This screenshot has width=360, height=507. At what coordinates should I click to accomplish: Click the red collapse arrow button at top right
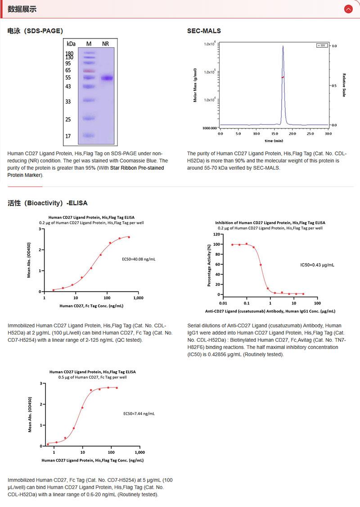coord(348,9)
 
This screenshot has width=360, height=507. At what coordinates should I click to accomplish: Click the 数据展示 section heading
coord(22,9)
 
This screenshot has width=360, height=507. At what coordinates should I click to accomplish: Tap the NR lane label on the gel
coord(105,44)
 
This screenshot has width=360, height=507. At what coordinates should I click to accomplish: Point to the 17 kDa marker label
coord(68,136)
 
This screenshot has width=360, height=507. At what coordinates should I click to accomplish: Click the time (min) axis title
coord(274,140)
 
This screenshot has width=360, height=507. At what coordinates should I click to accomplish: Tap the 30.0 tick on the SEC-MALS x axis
coord(328,134)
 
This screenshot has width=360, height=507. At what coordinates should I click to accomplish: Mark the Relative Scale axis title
coord(344,85)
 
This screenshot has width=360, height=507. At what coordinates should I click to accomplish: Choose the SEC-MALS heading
coord(204,31)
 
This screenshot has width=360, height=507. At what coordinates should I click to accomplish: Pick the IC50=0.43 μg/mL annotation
coord(317,265)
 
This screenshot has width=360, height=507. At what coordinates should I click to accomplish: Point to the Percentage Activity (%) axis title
coord(209,266)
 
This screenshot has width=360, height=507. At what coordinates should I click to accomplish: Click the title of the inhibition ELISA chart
coord(270,222)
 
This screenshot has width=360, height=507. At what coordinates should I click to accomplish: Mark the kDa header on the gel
coord(71,44)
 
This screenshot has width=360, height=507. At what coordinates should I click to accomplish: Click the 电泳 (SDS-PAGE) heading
coord(35,31)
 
